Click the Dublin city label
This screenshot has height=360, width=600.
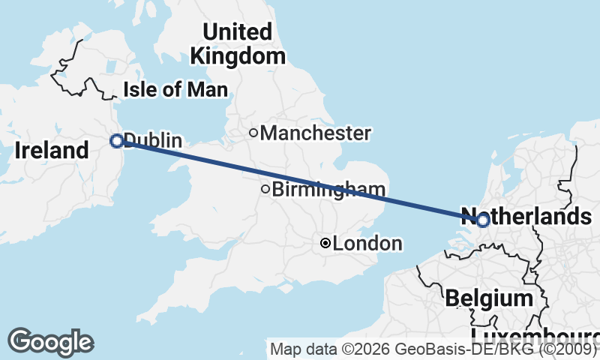(x=154, y=140)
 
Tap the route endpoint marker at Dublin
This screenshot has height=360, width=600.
(x=116, y=140)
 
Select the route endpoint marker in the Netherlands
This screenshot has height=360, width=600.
(x=482, y=220)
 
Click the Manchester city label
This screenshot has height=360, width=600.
(x=316, y=133)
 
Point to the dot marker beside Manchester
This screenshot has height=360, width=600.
(x=253, y=133)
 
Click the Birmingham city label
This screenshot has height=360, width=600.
(x=329, y=190)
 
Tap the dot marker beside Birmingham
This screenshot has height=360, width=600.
(x=265, y=189)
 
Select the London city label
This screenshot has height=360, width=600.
(x=367, y=244)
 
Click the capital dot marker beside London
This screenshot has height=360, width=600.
(x=325, y=243)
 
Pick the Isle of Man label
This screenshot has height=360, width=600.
(x=174, y=90)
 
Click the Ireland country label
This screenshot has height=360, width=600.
(x=51, y=150)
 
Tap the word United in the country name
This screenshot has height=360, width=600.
(x=237, y=32)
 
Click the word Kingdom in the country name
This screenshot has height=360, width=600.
(x=237, y=55)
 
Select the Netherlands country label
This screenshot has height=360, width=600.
(x=532, y=217)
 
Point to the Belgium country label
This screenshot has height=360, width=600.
(x=488, y=298)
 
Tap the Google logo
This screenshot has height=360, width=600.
(x=50, y=342)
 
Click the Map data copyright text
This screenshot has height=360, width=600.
(x=433, y=349)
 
